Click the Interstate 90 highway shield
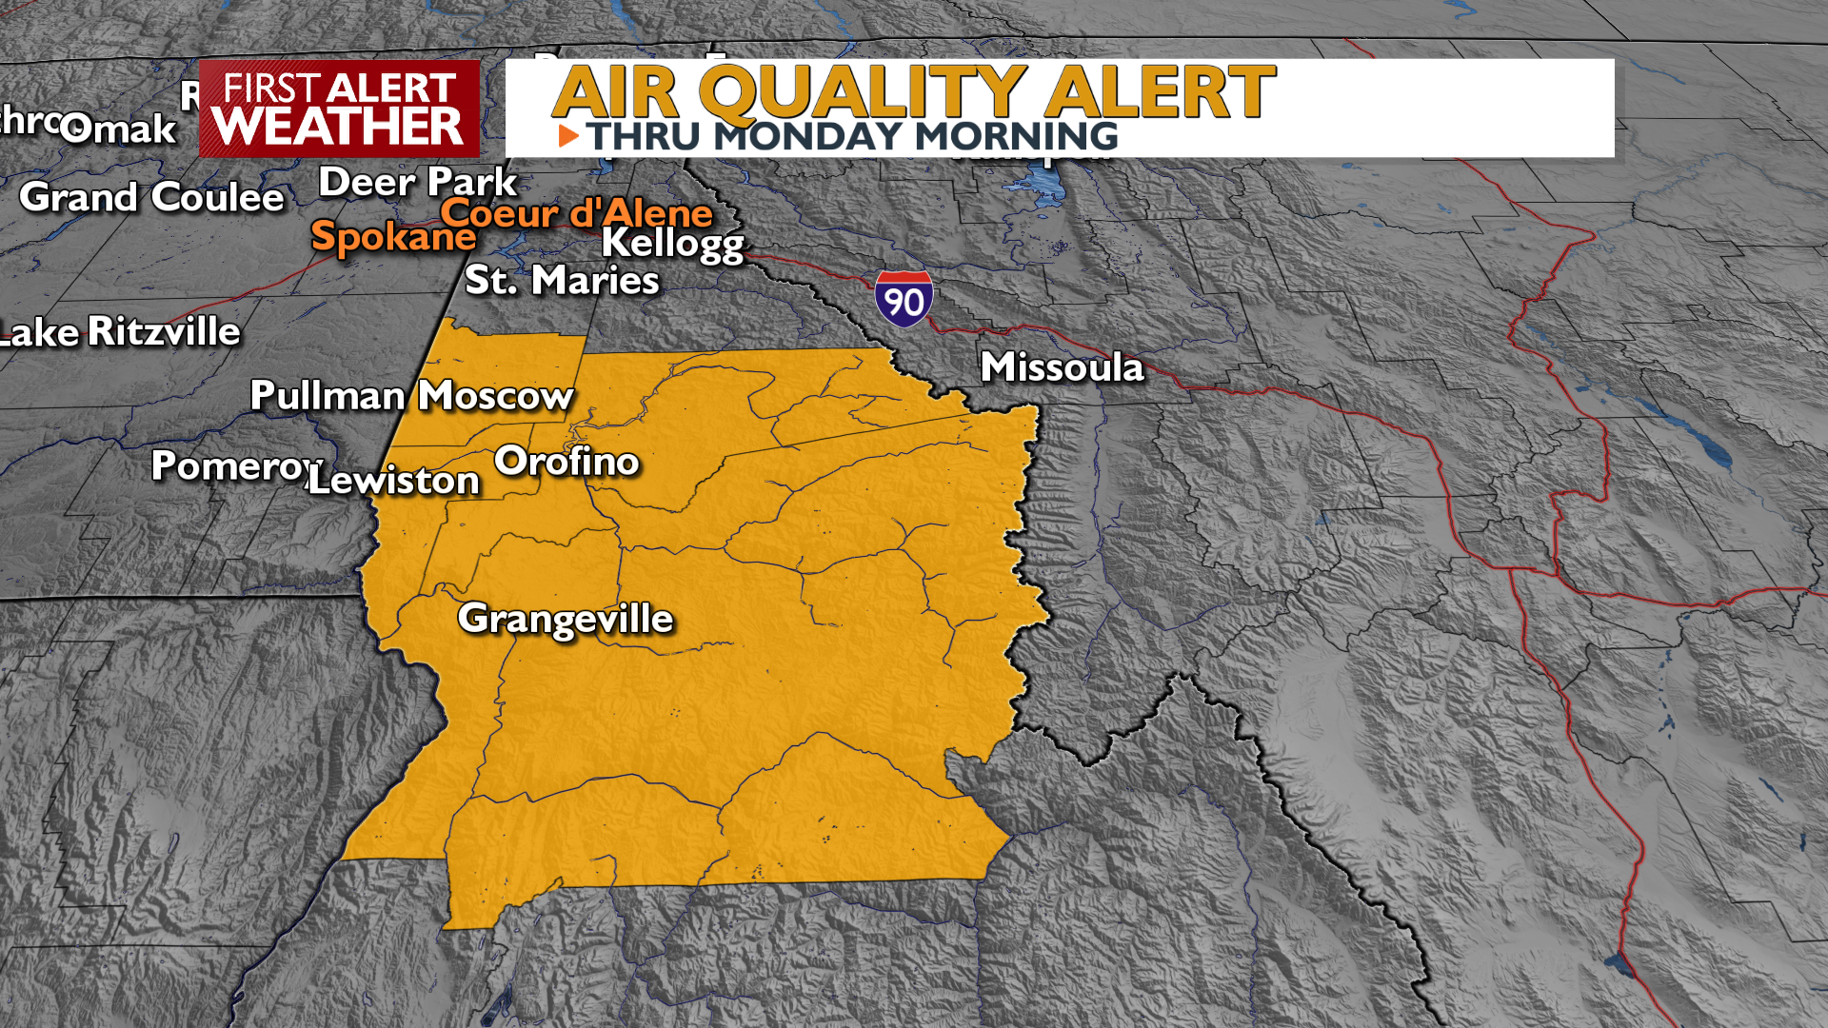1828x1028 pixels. (904, 299)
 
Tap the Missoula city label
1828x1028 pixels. (1062, 367)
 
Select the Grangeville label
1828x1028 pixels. (566, 620)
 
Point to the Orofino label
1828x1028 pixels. (566, 462)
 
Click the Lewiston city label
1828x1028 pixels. (394, 481)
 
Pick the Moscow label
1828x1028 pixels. (496, 396)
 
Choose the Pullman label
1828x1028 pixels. (328, 396)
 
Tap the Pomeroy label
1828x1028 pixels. (235, 466)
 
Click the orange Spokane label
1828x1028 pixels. (393, 236)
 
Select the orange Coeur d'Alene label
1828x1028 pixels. (576, 212)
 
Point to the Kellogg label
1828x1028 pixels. (672, 244)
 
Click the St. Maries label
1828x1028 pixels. (562, 281)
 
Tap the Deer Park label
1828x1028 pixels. (417, 182)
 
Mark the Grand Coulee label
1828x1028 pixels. (152, 197)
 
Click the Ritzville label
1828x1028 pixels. (164, 332)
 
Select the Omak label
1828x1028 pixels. (119, 128)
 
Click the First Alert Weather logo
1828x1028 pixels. (339, 109)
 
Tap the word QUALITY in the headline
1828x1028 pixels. (863, 92)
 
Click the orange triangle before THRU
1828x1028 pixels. (568, 136)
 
